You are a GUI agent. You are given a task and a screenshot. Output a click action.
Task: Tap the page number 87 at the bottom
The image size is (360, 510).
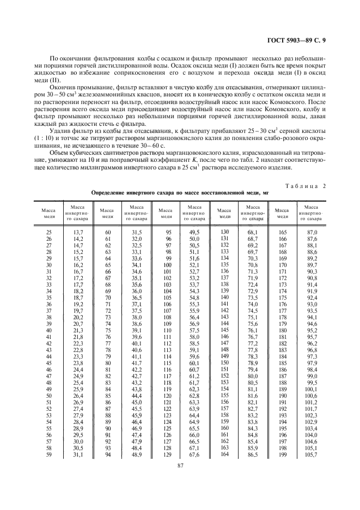179,465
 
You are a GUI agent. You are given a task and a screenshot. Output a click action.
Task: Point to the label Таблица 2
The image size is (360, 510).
305,187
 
